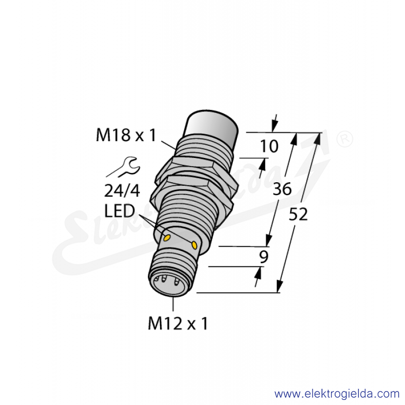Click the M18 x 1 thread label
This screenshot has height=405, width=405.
126,135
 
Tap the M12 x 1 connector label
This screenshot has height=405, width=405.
178,323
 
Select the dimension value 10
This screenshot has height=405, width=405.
269,146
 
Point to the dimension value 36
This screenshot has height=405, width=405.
282,188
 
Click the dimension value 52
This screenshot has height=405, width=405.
298,214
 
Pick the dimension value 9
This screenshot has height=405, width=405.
264,257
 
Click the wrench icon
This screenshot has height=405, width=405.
123,167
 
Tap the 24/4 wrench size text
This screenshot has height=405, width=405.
122,191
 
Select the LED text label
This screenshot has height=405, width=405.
119,211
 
